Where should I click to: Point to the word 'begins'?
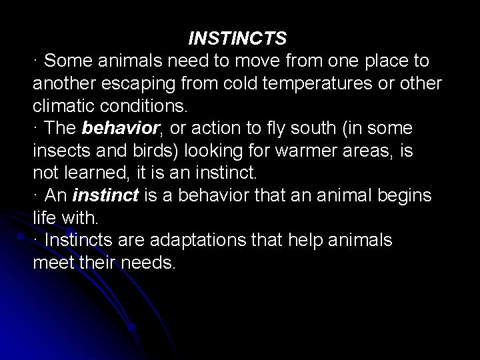407,195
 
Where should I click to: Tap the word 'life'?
45,217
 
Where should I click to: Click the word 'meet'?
51,262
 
